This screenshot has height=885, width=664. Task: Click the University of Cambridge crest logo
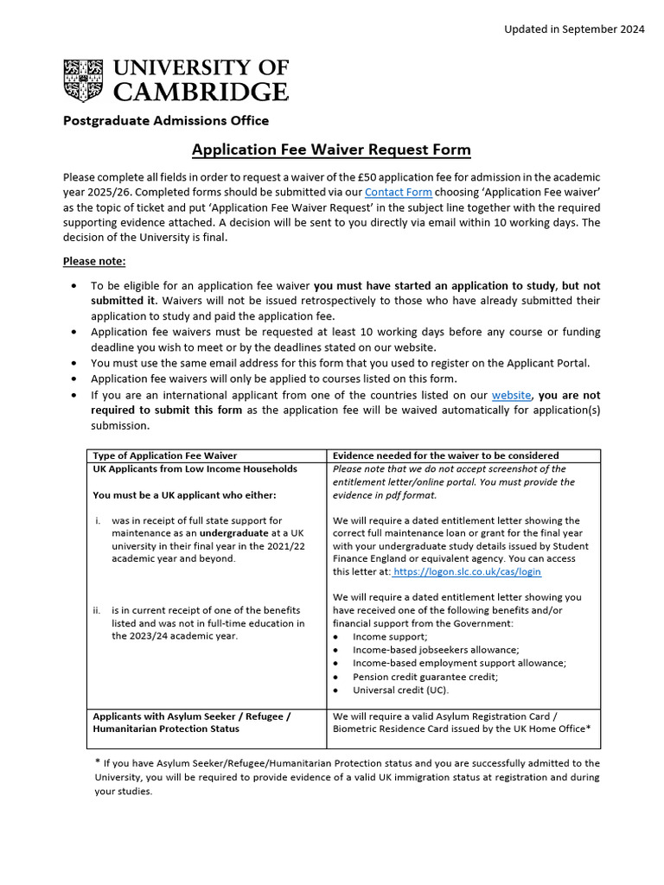pyautogui.click(x=83, y=80)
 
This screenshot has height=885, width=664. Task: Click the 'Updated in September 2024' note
pyautogui.click(x=574, y=29)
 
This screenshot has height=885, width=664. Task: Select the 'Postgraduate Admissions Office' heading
pyautogui.click(x=165, y=120)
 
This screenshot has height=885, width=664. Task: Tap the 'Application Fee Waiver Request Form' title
pyautogui.click(x=331, y=150)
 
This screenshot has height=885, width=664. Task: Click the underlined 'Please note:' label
pyautogui.click(x=94, y=261)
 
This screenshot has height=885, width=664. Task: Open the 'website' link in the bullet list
pyautogui.click(x=511, y=395)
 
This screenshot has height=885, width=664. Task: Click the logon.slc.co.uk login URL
pyautogui.click(x=466, y=572)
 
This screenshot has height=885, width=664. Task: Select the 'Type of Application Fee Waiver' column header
pyautogui.click(x=164, y=455)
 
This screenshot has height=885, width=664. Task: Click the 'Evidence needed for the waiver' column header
pyautogui.click(x=445, y=455)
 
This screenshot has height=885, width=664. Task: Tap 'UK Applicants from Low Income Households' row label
pyautogui.click(x=195, y=468)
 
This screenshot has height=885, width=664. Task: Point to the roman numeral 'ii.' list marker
pyautogui.click(x=98, y=610)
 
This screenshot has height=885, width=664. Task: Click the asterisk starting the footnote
pyautogui.click(x=97, y=762)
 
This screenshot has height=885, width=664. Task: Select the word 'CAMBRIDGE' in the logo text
pyautogui.click(x=201, y=91)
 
